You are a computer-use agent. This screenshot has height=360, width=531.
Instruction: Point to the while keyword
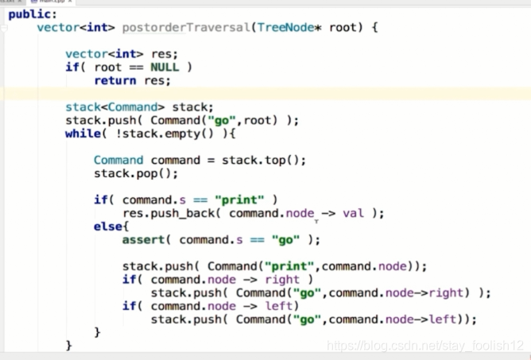pyautogui.click(x=83, y=134)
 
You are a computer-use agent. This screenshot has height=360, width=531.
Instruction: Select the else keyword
pyautogui.click(x=108, y=226)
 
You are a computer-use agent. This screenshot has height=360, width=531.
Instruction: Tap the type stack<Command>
pyautogui.click(x=107, y=107)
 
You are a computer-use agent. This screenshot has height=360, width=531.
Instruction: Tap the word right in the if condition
pyautogui.click(x=282, y=280)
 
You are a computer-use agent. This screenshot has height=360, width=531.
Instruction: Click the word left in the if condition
pyautogui.click(x=281, y=306)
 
